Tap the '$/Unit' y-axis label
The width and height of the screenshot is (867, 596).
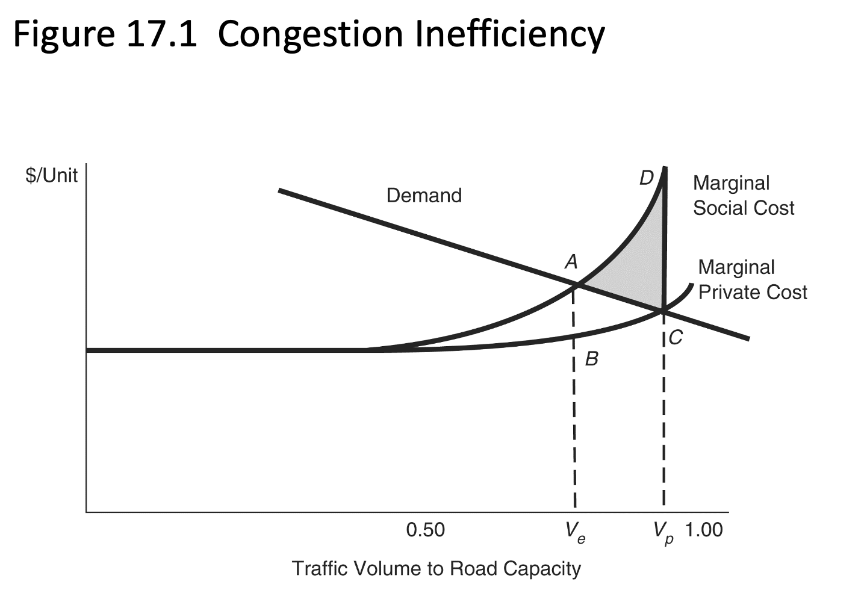coord(51,175)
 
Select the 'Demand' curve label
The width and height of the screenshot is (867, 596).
coord(424,196)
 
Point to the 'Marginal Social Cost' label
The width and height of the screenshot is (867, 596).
coord(743,196)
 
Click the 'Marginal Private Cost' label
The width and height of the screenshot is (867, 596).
coord(752,280)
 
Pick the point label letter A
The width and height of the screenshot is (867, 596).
coord(571,262)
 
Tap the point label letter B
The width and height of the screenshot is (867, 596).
coord(591,359)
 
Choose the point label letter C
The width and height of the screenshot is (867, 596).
coord(676,338)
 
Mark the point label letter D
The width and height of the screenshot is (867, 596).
coord(646,178)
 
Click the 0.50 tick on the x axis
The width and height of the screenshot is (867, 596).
coord(425,530)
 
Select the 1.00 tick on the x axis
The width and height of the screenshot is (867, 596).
coord(703,530)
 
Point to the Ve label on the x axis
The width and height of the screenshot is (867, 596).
coord(574,532)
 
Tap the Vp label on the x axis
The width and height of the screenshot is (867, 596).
coord(663,532)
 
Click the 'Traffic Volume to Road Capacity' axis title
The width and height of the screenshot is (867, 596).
coord(436,568)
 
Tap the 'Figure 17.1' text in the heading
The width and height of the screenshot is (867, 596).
coord(105,34)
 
